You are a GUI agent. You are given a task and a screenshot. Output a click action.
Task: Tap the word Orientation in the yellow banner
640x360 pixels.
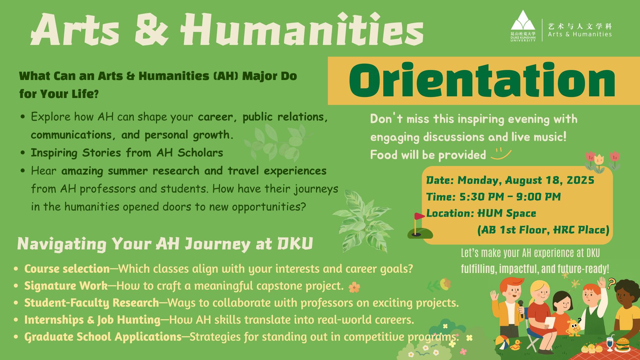(x=482, y=80)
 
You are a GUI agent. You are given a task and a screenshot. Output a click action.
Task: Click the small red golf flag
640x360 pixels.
(x=419, y=216)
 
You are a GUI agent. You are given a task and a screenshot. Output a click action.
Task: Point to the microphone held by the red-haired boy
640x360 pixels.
(x=521, y=308)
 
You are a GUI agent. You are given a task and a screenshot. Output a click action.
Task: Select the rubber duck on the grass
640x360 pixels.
(x=516, y=345)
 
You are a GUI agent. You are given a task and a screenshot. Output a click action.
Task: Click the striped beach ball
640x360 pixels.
(x=502, y=342)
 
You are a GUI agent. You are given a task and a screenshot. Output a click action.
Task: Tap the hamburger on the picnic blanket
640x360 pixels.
(x=622, y=344)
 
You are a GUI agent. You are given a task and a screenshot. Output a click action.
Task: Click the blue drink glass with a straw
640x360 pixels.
(x=610, y=343)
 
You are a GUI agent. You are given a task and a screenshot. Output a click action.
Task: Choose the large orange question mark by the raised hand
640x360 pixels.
(x=611, y=284)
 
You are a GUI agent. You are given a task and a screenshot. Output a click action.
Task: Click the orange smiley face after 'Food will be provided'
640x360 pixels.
(x=501, y=154)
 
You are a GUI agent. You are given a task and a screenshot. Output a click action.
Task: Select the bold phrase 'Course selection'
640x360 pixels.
(x=67, y=269)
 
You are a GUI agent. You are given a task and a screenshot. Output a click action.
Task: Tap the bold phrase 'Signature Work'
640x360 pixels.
(x=66, y=286)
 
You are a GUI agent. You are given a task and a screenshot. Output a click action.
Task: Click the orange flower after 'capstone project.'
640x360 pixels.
(x=354, y=287)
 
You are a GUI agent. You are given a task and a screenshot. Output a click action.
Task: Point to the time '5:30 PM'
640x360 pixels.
(x=482, y=197)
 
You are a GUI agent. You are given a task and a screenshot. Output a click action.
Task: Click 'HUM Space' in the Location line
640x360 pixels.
(x=507, y=213)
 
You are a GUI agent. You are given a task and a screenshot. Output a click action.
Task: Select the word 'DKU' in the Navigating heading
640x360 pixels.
(x=295, y=243)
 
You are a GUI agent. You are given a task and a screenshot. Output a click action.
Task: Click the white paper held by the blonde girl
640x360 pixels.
(x=550, y=322)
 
